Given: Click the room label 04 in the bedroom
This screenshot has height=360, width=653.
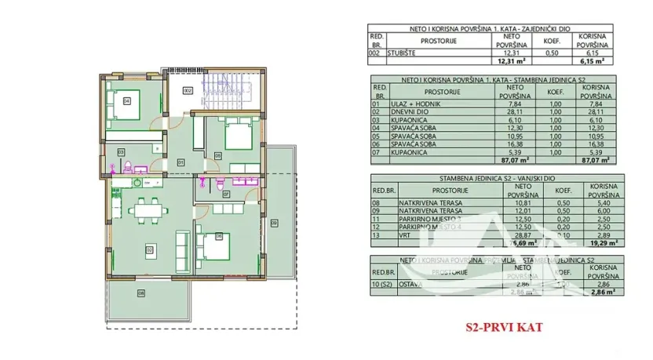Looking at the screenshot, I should [127, 100].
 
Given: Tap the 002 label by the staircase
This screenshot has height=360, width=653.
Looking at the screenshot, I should [187, 91].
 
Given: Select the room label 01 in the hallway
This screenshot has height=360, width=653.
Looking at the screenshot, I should [181, 162].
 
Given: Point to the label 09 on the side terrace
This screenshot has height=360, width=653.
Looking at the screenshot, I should [274, 224].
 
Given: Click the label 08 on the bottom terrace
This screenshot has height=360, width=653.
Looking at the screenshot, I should [141, 294].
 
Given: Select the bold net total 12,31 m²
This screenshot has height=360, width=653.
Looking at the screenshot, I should [510, 60].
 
